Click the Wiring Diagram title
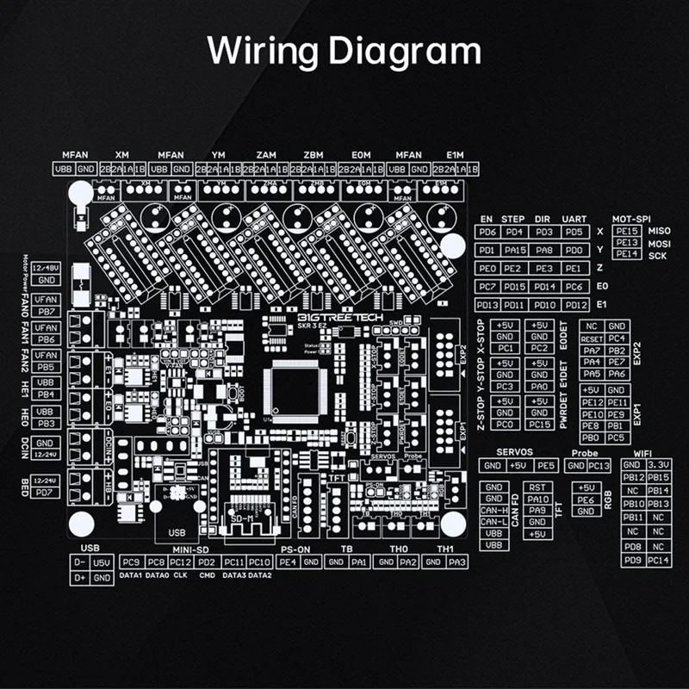[x=344, y=51]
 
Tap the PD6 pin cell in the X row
[x=487, y=232]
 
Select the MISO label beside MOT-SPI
[x=659, y=232]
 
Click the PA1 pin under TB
[x=360, y=562]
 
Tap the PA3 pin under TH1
[x=457, y=562]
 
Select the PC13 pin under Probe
[x=599, y=466]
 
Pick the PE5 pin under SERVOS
[x=546, y=466]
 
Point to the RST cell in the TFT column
[x=538, y=487]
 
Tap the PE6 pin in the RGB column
[x=587, y=500]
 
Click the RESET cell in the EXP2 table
[x=591, y=338]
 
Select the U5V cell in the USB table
[x=102, y=562]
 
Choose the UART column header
[x=574, y=220]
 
